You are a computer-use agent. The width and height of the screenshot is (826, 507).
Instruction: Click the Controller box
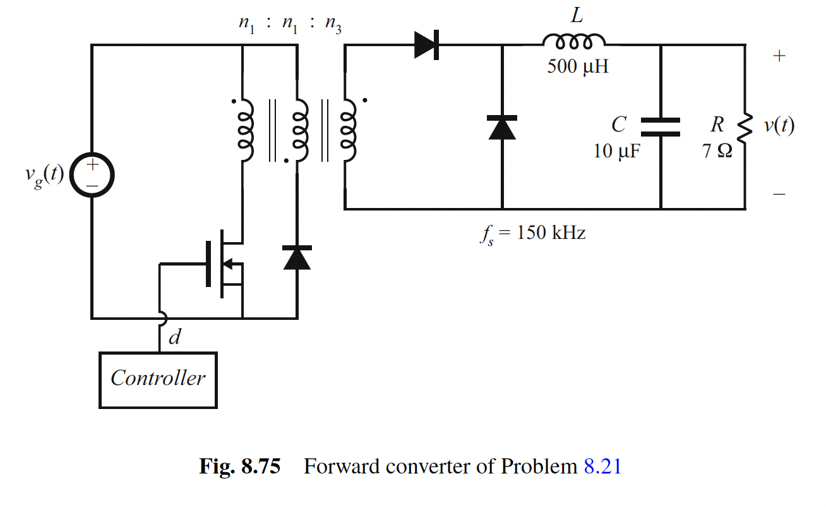click(x=158, y=379)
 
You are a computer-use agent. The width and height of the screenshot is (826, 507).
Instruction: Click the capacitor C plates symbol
click(x=661, y=126)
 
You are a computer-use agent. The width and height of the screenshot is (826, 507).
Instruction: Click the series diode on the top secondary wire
click(x=427, y=45)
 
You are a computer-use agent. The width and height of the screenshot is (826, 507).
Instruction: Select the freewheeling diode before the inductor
click(x=502, y=127)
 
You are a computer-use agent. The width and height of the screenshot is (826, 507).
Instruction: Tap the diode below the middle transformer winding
click(x=297, y=257)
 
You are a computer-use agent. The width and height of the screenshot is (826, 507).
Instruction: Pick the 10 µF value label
click(x=616, y=151)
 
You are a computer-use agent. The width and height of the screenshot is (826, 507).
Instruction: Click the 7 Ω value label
click(x=716, y=151)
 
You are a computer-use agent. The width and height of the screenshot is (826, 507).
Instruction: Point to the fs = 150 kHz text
click(x=531, y=233)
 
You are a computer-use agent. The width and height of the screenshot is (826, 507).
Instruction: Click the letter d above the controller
click(x=174, y=338)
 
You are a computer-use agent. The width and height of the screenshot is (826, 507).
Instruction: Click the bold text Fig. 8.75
click(x=239, y=467)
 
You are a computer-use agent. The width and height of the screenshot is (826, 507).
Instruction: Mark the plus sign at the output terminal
click(x=779, y=56)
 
